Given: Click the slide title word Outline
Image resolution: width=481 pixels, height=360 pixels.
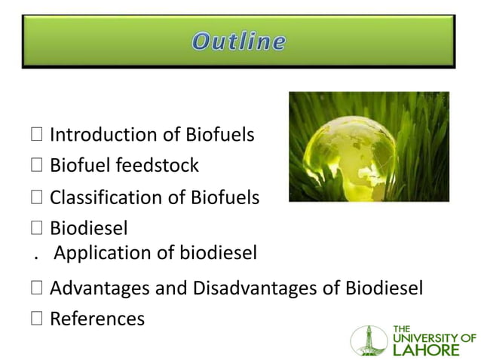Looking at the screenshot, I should coord(238,41).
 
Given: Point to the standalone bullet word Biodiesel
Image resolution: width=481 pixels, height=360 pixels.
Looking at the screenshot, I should coord(88,228).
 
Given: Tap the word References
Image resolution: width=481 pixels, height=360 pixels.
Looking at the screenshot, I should coord(97,319).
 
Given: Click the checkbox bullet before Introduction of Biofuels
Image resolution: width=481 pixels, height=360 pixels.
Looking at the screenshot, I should coord(37,136).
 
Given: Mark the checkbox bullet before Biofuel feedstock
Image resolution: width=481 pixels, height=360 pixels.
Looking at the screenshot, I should coord(37,166).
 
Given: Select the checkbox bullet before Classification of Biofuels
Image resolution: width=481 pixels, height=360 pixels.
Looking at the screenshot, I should coord(37,199).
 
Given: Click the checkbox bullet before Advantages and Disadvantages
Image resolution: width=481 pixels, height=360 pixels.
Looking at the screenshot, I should coord(37,289).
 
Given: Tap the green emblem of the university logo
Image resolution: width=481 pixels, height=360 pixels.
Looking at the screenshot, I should coord(368,340).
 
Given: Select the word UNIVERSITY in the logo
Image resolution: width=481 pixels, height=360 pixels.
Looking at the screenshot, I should coord(427,337).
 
